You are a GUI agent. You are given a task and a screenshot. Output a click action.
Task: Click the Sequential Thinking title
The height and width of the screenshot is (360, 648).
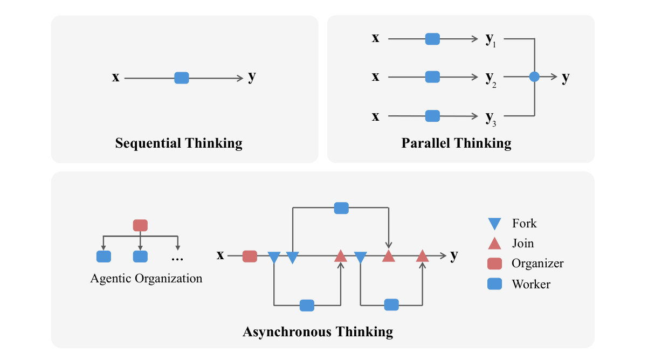(x=178, y=143)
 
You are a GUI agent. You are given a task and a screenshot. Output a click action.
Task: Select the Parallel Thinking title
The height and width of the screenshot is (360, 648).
(x=456, y=143)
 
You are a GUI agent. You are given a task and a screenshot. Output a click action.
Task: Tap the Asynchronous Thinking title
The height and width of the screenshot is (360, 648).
(x=318, y=331)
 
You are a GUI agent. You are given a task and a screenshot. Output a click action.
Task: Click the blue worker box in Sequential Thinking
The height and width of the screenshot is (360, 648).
(x=182, y=78)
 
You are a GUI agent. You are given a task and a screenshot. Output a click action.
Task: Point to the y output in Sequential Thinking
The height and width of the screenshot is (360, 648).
(x=252, y=77)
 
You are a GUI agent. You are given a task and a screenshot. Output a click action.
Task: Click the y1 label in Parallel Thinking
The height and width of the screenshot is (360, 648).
(x=491, y=40)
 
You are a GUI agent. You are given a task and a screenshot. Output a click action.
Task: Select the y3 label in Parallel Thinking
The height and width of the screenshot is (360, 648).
(x=491, y=117)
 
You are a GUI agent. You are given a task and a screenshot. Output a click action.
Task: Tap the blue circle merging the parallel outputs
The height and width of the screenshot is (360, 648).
(x=534, y=77)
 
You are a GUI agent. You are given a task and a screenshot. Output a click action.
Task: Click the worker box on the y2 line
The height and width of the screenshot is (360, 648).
(x=432, y=77)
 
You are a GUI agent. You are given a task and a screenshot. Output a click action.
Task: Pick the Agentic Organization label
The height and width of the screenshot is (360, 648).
(x=146, y=279)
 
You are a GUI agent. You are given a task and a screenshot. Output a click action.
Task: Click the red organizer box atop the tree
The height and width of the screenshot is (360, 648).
(x=140, y=225)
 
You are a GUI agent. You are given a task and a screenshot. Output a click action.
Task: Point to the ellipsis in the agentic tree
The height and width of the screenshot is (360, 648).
(x=177, y=259)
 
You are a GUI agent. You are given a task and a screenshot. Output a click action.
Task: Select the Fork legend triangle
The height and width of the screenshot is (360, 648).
(x=494, y=223)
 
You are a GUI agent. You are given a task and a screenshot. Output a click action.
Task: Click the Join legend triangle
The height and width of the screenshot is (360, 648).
(x=494, y=243)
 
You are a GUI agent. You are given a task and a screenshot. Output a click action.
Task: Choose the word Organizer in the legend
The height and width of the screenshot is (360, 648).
(x=537, y=264)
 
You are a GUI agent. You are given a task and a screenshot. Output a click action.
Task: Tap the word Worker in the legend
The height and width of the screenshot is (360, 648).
(x=531, y=284)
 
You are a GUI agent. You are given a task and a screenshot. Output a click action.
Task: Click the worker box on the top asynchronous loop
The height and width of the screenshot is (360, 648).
(x=341, y=207)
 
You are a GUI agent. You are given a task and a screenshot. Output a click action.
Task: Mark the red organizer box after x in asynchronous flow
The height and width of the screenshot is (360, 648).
(x=250, y=256)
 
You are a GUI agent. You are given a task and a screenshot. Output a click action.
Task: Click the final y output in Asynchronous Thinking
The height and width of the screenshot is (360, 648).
(x=454, y=255)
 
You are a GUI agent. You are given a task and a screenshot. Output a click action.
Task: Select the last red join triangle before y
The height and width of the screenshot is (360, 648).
(x=422, y=256)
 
